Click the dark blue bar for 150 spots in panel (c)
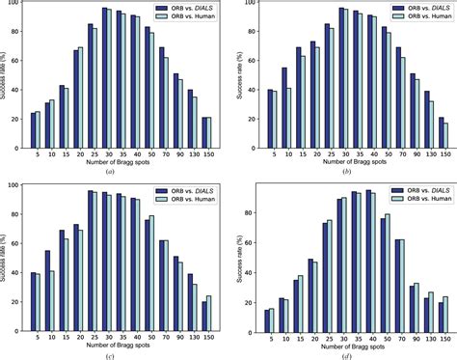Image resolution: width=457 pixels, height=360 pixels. [x=203, y=315]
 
